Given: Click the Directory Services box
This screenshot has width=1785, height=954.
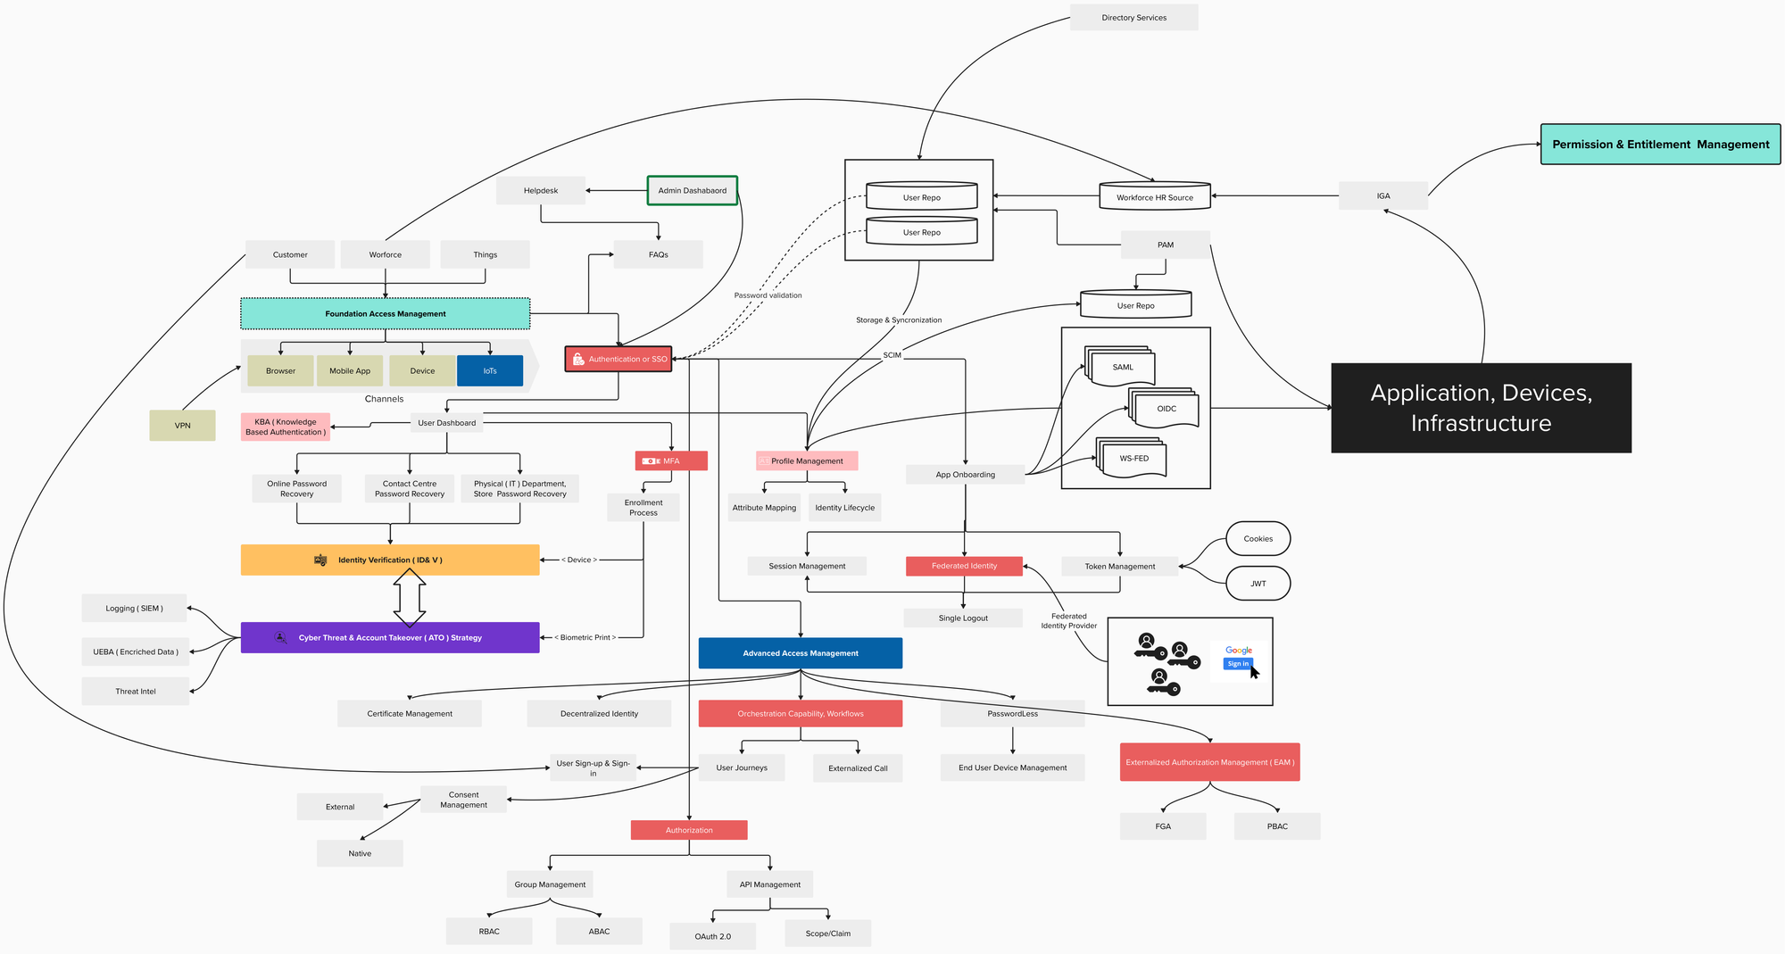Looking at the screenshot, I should pos(1133,18).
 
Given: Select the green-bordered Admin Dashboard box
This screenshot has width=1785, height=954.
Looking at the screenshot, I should pos(692,190).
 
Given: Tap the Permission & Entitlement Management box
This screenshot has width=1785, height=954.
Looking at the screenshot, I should pos(1660,145).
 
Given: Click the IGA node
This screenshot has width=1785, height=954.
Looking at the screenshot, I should pos(1382,195).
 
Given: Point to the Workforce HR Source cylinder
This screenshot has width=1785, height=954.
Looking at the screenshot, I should pos(1154,196).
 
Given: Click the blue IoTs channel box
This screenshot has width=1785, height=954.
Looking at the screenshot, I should pos(489,370).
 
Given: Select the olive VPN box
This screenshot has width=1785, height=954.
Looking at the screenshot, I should pos(182,425).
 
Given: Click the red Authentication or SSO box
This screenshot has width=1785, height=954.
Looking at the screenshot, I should pos(618,359).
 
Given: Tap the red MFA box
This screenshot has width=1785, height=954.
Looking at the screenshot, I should pos(671,460).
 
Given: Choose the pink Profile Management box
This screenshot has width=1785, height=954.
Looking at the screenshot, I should pos(806,460).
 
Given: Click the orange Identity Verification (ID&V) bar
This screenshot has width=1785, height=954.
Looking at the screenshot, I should pos(390,560).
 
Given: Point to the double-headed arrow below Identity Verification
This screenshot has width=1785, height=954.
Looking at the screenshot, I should pos(409,597).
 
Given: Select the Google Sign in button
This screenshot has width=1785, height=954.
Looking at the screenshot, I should pos(1238,663).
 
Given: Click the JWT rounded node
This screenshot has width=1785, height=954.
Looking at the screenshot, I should pos(1258,583).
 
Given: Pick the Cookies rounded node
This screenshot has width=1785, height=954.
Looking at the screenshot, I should pos(1258,538).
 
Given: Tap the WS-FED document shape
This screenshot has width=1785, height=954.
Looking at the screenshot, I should pos(1133,459).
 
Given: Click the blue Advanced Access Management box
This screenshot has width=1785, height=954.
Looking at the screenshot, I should pos(800,652).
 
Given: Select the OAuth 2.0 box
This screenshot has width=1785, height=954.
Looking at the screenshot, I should pos(712,936).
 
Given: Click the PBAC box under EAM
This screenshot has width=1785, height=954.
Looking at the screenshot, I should pos(1276,825).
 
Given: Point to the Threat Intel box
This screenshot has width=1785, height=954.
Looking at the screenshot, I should pos(136,691).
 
